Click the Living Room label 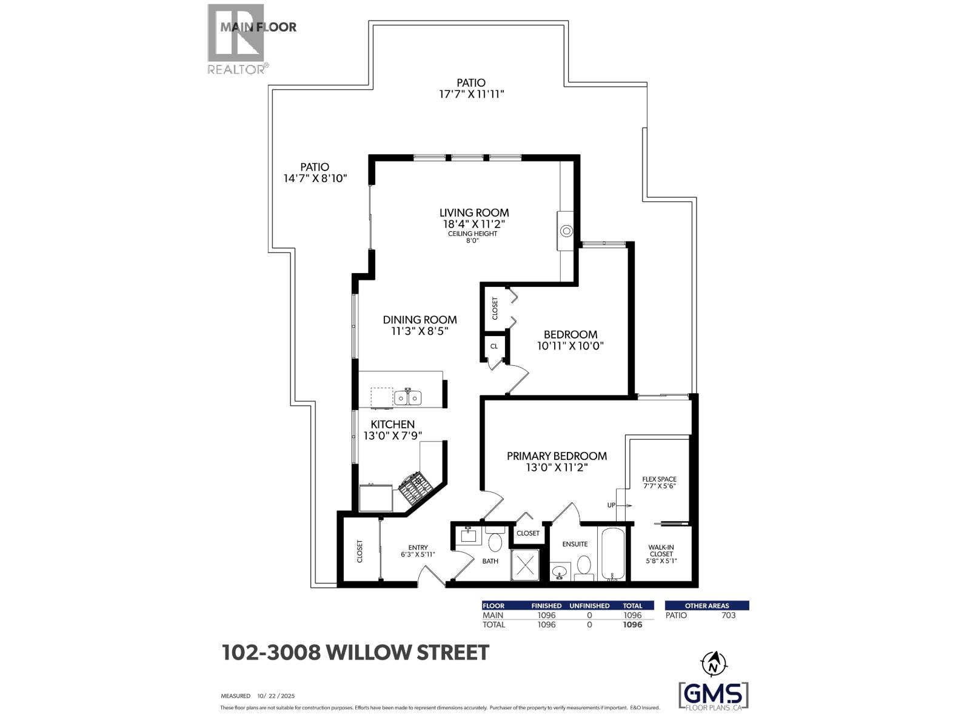pyautogui.click(x=474, y=213)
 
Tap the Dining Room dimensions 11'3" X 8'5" pyautogui.click(x=420, y=331)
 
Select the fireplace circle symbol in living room pyautogui.click(x=566, y=231)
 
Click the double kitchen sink pyautogui.click(x=407, y=398)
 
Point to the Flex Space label pyautogui.click(x=659, y=479)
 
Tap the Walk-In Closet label pyautogui.click(x=661, y=550)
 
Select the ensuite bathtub pyautogui.click(x=613, y=554)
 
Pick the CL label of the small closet pyautogui.click(x=494, y=346)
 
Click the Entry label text pyautogui.click(x=418, y=548)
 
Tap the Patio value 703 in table pyautogui.click(x=729, y=615)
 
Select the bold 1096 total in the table pyautogui.click(x=632, y=624)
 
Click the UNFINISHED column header pyautogui.click(x=589, y=605)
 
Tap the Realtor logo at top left pyautogui.click(x=236, y=39)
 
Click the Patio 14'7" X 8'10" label pyautogui.click(x=315, y=172)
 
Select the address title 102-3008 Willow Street pyautogui.click(x=355, y=653)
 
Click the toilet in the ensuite pyautogui.click(x=584, y=565)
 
